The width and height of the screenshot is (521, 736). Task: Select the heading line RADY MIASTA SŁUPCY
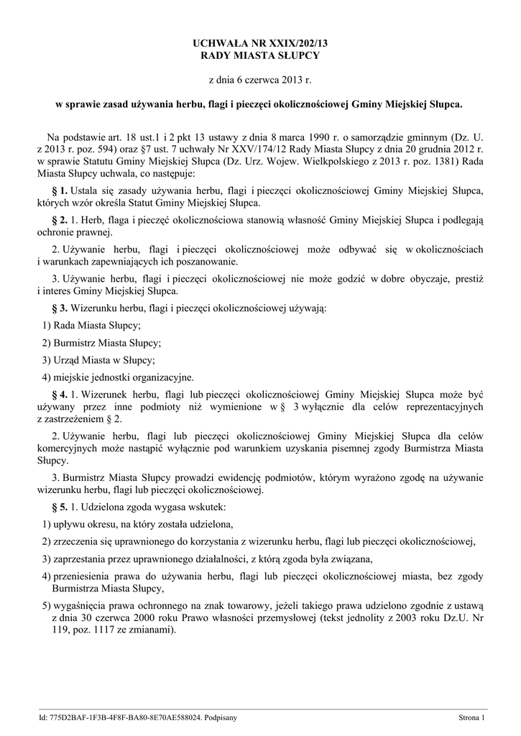(x=259, y=56)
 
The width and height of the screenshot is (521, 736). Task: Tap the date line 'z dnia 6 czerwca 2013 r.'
(x=259, y=80)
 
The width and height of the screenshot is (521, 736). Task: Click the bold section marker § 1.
(x=60, y=190)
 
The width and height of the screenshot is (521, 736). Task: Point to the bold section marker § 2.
(x=60, y=219)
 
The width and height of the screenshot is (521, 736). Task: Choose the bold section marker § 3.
(x=60, y=308)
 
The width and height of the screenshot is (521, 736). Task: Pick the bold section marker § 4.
(x=60, y=395)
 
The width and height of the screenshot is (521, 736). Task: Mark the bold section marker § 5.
(x=60, y=507)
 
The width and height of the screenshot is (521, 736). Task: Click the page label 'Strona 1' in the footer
(x=472, y=717)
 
